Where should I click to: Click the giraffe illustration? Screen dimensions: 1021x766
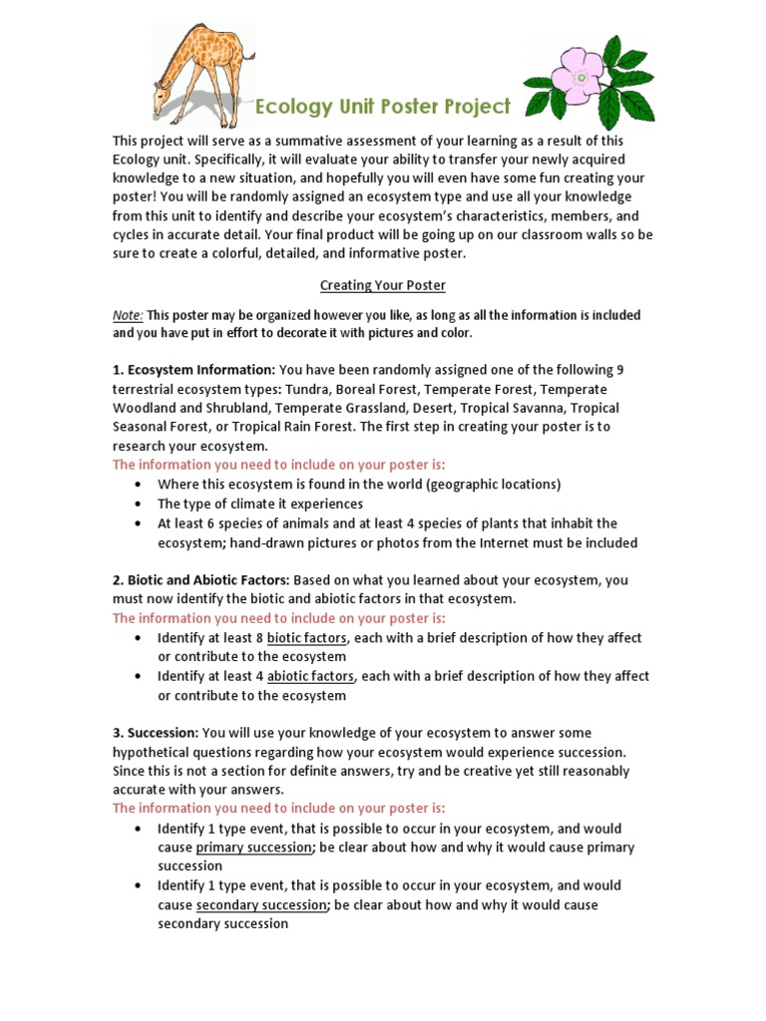(x=199, y=70)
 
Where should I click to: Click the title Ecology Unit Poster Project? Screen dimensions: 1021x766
(x=384, y=107)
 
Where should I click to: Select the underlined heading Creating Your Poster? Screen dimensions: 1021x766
(x=382, y=285)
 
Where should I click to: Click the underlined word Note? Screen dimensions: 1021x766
(x=128, y=315)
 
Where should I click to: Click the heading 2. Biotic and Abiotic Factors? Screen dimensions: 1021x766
(x=200, y=579)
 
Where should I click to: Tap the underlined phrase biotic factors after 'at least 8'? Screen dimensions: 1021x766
(x=307, y=638)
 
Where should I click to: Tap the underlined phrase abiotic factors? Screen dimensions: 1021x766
(x=310, y=676)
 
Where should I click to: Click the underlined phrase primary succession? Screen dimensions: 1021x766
(x=254, y=848)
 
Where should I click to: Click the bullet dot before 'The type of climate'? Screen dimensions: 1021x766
(x=137, y=505)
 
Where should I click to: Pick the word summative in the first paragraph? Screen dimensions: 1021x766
(x=299, y=141)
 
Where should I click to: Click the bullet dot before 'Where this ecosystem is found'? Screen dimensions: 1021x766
(x=137, y=485)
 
